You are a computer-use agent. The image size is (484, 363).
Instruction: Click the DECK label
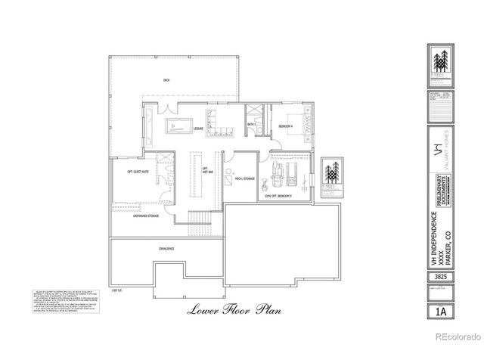pos(166,80)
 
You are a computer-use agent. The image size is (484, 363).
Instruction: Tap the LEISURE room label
pos(199,129)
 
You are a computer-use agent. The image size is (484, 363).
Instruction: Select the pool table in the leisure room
pos(178,126)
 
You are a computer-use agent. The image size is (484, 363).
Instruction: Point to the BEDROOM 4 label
pos(285,126)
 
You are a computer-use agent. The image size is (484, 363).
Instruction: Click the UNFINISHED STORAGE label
pos(146,216)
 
